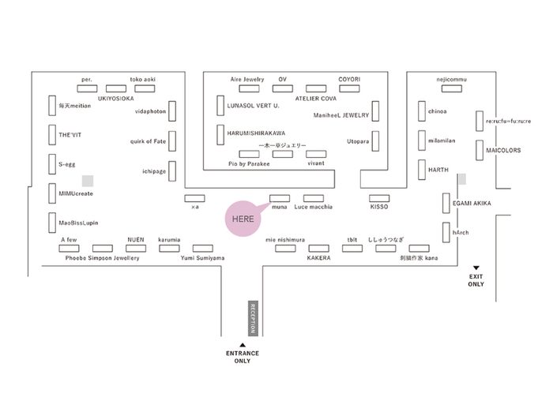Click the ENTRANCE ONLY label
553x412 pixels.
pyautogui.click(x=243, y=357)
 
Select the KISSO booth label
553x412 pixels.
pyautogui.click(x=380, y=208)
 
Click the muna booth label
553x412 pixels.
pyautogui.click(x=279, y=208)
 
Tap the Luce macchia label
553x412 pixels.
pyautogui.click(x=314, y=208)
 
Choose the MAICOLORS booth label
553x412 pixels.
pyautogui.click(x=504, y=150)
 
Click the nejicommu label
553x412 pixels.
pyautogui.click(x=453, y=79)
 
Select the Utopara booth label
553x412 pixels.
pyautogui.click(x=358, y=140)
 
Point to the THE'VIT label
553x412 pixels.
pyautogui.click(x=70, y=135)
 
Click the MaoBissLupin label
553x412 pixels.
pyautogui.click(x=77, y=223)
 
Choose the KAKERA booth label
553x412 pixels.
pyautogui.click(x=318, y=258)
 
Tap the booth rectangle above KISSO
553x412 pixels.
pyautogui.click(x=380, y=197)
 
